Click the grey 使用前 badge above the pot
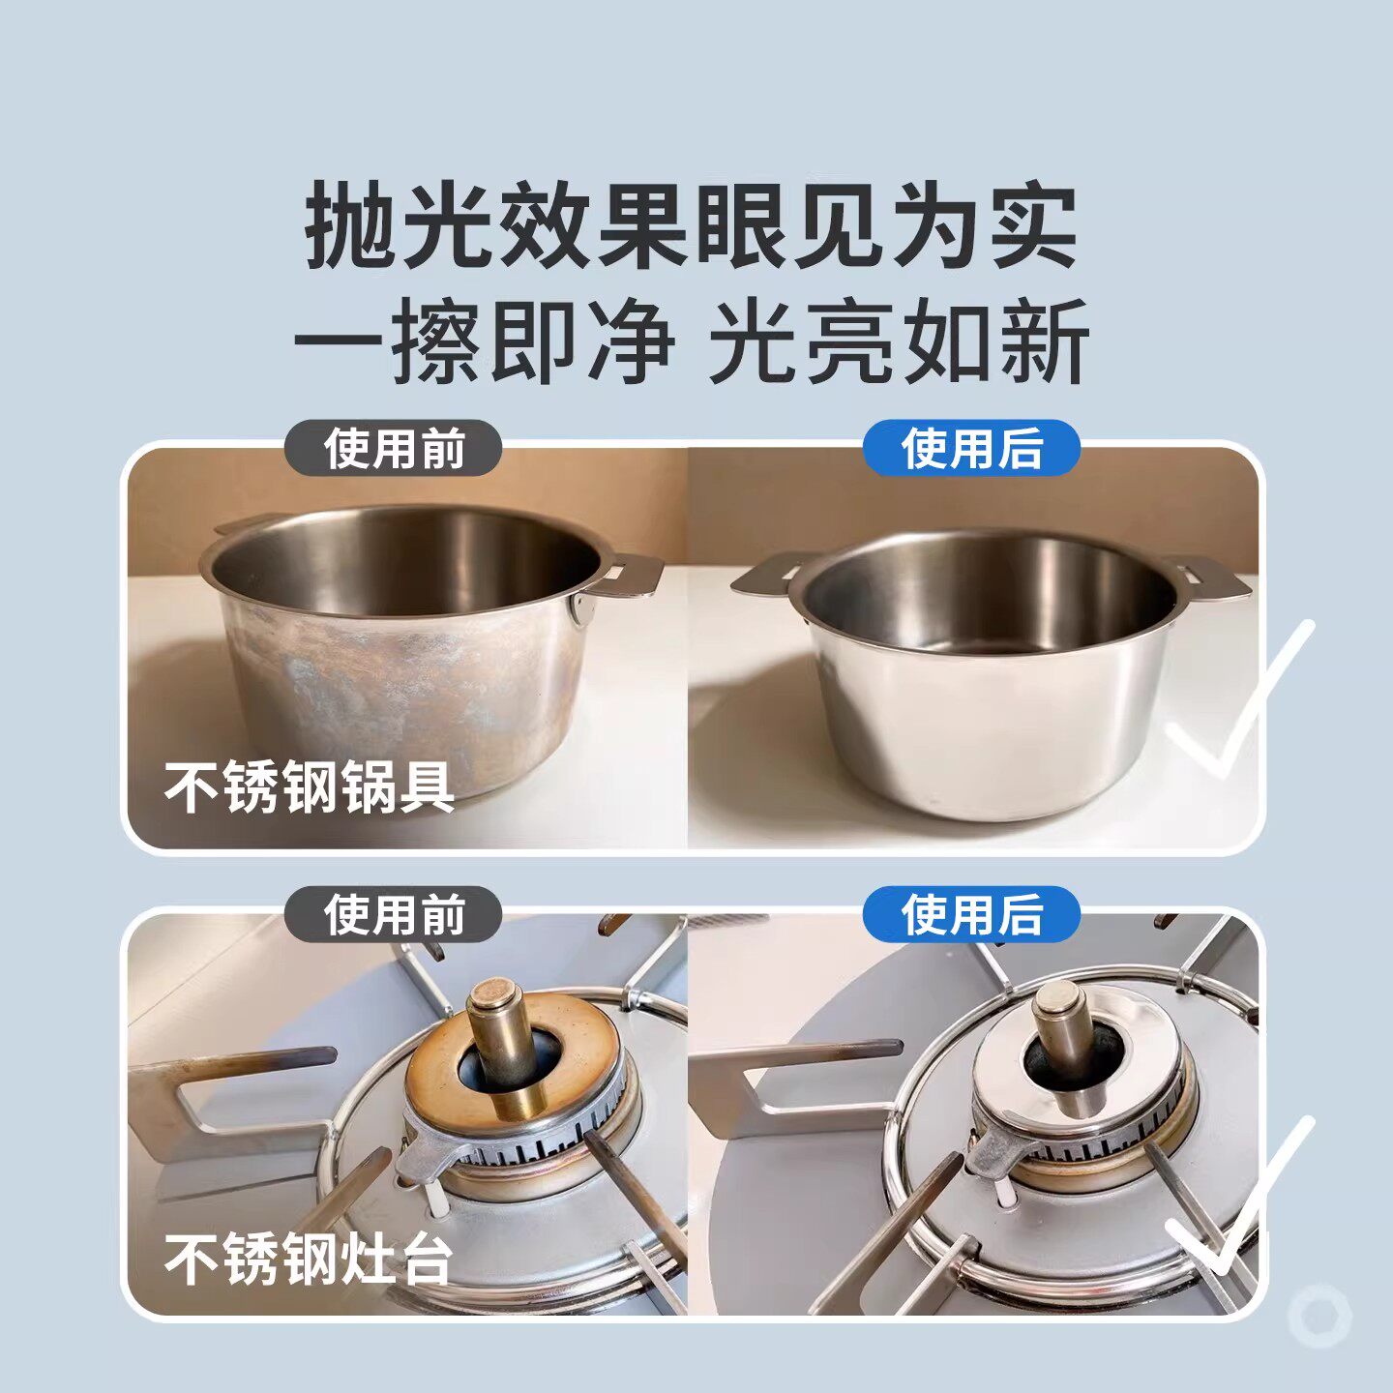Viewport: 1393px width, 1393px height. coord(394,449)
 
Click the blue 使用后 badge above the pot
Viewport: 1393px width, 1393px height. coord(971,449)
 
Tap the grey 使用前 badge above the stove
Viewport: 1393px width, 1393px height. coord(394,915)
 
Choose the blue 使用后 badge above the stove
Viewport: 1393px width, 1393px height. coord(971,915)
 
